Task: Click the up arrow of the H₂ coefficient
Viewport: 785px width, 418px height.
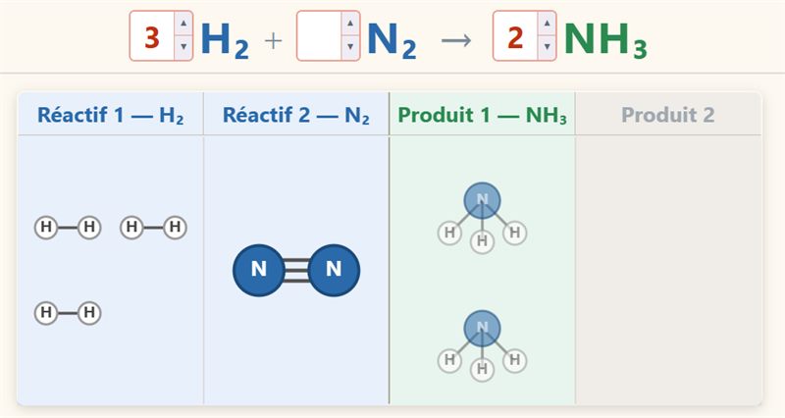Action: coord(183,23)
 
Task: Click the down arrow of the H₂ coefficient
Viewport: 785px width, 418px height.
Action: coord(183,47)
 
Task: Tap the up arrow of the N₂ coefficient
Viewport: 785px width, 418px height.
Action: coord(350,23)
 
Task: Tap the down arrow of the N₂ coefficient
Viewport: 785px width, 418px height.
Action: coord(350,47)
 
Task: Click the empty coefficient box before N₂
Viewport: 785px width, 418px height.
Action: coord(320,36)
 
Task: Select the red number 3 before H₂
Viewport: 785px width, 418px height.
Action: coord(152,37)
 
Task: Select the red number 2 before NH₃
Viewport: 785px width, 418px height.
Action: coord(515,37)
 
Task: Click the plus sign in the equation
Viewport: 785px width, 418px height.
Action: coord(274,40)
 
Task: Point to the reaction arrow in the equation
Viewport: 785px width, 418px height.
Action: coord(456,40)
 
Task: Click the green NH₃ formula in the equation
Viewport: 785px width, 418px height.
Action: coord(605,39)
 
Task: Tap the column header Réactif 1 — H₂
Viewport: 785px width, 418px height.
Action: coord(111,115)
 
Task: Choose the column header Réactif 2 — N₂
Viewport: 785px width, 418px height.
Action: coord(296,115)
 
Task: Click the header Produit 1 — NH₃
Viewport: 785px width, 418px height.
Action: coord(482,115)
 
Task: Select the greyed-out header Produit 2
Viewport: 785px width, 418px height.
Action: coord(668,115)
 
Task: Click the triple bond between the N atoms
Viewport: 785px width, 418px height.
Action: coord(296,270)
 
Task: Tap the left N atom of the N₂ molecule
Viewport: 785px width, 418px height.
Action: coord(258,270)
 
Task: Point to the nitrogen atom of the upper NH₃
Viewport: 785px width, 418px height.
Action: coord(482,200)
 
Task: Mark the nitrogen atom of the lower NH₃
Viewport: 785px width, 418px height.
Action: coord(482,329)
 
